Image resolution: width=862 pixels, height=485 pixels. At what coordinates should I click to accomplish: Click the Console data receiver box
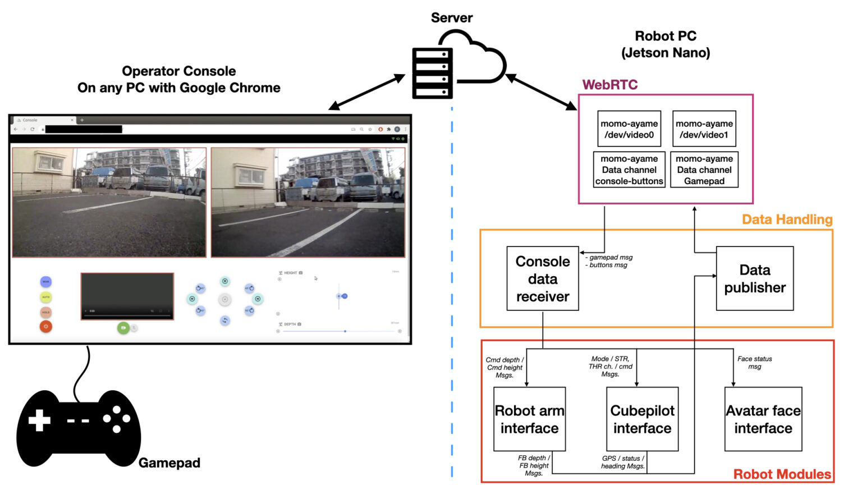[542, 278]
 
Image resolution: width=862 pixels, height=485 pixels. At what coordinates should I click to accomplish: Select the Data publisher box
[754, 278]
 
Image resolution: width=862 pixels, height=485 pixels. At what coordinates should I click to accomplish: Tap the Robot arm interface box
[529, 419]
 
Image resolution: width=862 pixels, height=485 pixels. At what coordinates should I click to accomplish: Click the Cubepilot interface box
[642, 419]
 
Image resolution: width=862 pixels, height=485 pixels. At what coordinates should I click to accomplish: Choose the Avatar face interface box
[763, 419]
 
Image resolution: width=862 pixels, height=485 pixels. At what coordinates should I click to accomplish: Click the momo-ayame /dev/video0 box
[629, 129]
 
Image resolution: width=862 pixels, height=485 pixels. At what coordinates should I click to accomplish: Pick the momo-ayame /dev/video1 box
[704, 129]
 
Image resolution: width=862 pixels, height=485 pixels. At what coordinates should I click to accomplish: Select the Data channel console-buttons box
[629, 170]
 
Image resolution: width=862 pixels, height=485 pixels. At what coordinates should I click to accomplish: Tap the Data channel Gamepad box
[704, 170]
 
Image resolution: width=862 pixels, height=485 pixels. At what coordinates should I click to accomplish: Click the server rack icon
[432, 73]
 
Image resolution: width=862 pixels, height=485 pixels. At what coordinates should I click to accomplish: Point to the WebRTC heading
[609, 85]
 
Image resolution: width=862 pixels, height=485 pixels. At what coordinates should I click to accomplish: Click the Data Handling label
[787, 219]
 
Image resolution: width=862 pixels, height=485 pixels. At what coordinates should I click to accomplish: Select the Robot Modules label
[782, 474]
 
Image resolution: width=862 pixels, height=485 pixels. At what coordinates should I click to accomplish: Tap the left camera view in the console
[109, 202]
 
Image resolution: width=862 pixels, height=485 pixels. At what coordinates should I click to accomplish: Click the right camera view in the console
[308, 202]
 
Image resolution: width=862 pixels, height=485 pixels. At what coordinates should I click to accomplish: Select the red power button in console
[46, 326]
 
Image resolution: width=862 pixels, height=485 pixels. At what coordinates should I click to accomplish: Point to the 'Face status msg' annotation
[754, 363]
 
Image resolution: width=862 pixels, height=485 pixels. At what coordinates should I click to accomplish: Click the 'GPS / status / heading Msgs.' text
[623, 462]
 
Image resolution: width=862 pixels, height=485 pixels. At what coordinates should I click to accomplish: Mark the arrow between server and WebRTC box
[542, 91]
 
